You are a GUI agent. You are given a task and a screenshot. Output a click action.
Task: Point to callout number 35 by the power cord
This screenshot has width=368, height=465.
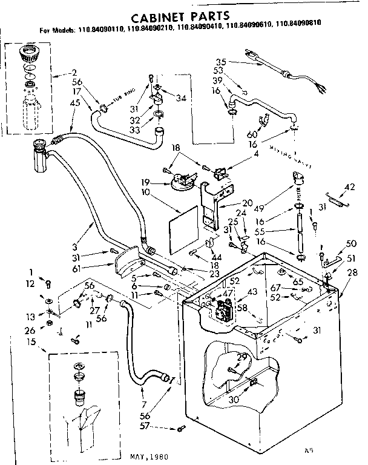point(220,62)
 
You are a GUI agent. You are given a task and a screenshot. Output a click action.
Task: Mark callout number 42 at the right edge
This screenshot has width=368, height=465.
point(349,186)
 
